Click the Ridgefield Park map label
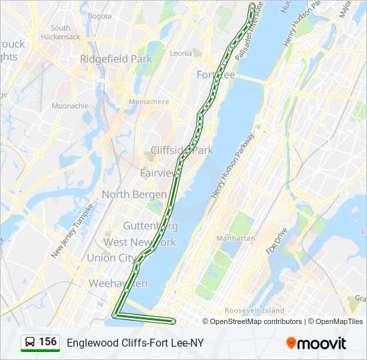[116, 59]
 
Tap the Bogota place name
[99, 16]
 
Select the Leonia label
[181, 53]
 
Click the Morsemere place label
[149, 102]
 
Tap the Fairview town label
[157, 173]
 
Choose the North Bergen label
[134, 195]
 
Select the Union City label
[111, 258]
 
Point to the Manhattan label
[236, 237]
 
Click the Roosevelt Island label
[254, 311]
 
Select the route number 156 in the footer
[47, 342]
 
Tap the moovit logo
[316, 343]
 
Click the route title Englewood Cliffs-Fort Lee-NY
[135, 343]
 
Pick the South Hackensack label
[60, 33]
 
